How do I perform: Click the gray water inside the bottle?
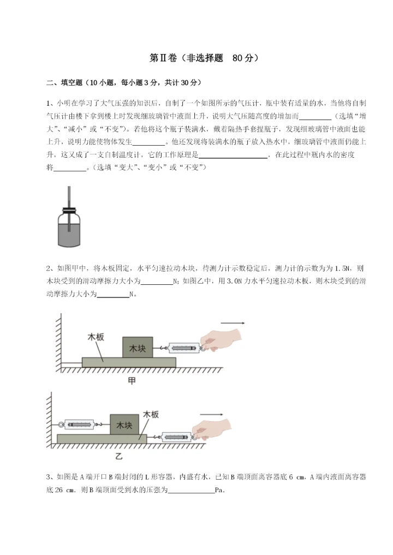pyautogui.click(x=69, y=233)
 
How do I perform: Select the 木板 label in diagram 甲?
pyautogui.click(x=96, y=337)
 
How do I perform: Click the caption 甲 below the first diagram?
pyautogui.click(x=132, y=380)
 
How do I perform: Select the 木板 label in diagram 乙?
pyautogui.click(x=151, y=415)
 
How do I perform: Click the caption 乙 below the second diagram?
pyautogui.click(x=118, y=455)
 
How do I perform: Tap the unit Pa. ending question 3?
pyautogui.click(x=221, y=490)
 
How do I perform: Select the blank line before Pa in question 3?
pyautogui.click(x=192, y=491)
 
